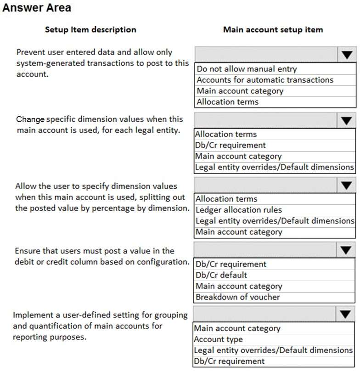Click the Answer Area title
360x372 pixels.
click(x=37, y=8)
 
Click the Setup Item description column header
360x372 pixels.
click(x=90, y=29)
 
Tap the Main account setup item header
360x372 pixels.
click(x=273, y=29)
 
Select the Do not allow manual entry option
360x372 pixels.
click(x=247, y=69)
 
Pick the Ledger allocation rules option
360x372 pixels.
click(x=239, y=210)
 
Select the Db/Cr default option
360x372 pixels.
click(x=221, y=275)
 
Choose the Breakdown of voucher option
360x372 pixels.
click(x=237, y=297)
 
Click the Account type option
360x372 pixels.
click(x=218, y=339)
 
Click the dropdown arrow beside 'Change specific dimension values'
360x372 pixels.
click(x=346, y=120)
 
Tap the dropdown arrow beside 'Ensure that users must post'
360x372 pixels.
click(x=346, y=250)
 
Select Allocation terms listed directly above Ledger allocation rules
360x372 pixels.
click(x=226, y=199)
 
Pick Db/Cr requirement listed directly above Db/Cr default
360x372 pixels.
click(x=231, y=264)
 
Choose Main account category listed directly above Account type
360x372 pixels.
click(x=237, y=328)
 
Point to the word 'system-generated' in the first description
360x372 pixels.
click(x=45, y=63)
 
